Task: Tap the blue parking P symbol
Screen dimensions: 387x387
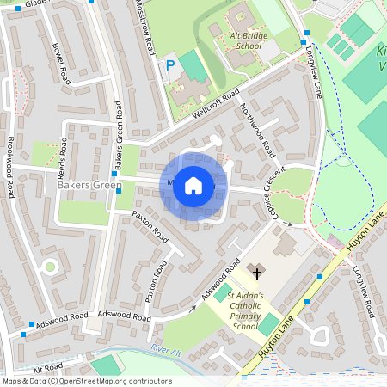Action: pos(170,64)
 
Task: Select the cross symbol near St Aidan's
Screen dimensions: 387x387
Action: pos(255,272)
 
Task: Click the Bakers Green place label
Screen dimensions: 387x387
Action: pos(89,185)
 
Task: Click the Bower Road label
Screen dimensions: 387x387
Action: pos(59,64)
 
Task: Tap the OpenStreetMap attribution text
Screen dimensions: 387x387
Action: pos(86,381)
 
